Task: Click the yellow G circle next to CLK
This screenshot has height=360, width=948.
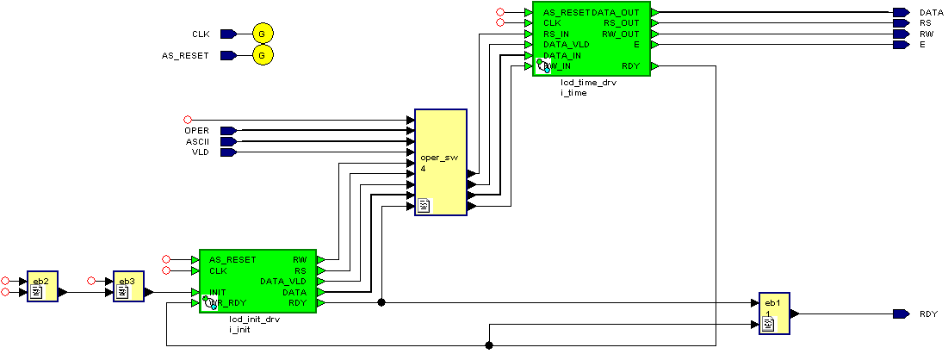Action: point(263,34)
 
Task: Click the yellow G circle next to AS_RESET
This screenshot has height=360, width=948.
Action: point(263,56)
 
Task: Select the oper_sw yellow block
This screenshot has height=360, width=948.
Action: point(440,162)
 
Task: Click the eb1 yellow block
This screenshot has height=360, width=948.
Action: point(773,313)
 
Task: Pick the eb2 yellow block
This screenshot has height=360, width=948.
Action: point(41,287)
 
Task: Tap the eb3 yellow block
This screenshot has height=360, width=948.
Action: point(127,287)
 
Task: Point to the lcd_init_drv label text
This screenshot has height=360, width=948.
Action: point(254,320)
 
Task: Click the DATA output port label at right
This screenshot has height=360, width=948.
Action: point(932,13)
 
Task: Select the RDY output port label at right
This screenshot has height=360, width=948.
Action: point(928,314)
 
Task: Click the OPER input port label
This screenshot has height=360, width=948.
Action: point(196,131)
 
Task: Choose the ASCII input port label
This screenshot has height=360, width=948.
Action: point(197,141)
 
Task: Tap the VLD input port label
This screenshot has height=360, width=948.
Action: point(200,152)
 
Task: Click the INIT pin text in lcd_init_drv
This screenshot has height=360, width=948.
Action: point(217,293)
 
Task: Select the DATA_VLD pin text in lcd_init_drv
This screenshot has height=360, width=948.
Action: point(283,282)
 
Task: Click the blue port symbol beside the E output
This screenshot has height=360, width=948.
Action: point(901,45)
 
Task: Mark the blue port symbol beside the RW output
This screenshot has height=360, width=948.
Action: point(901,34)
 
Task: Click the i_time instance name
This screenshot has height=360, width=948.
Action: point(573,93)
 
